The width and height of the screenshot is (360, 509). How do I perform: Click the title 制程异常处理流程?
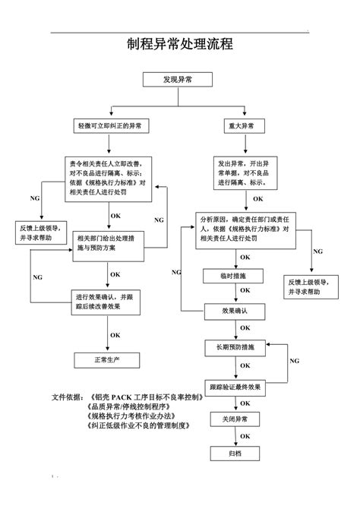click(179, 45)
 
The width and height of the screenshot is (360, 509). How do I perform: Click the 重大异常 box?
click(241, 125)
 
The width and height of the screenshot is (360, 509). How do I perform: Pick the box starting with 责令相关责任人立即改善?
click(108, 179)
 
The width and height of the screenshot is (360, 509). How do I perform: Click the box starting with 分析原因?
click(244, 227)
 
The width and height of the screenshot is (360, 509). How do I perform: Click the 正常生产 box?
click(106, 358)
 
